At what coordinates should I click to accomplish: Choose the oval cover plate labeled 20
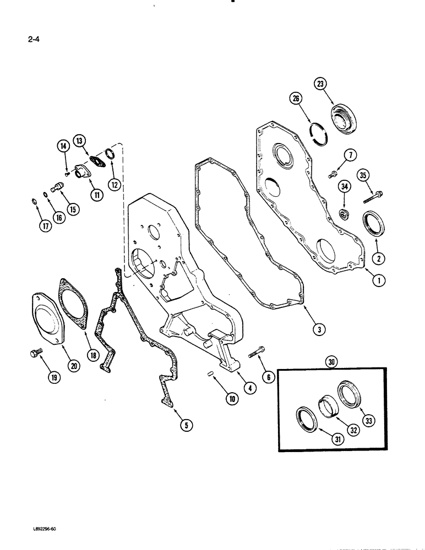pyautogui.click(x=47, y=320)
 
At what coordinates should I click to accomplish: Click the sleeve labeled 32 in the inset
pyautogui.click(x=329, y=408)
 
